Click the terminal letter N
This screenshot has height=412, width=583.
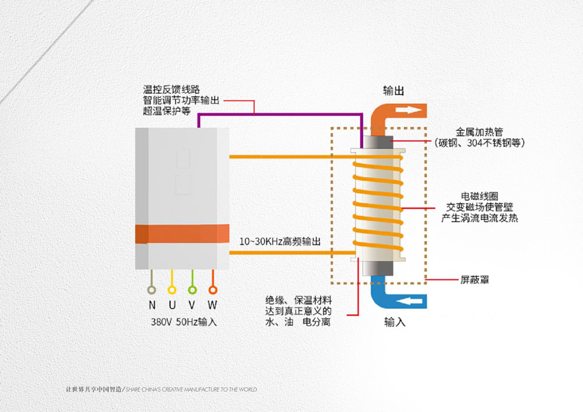(152, 305)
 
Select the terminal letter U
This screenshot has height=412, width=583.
(172, 305)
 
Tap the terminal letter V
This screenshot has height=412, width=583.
(192, 305)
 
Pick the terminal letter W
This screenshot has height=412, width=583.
(212, 305)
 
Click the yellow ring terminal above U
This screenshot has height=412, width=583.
(172, 290)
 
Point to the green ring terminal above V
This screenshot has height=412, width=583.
(192, 290)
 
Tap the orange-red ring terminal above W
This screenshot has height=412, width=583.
(213, 290)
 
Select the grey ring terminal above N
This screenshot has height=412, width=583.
(152, 290)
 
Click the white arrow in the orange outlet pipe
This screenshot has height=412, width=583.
(409, 110)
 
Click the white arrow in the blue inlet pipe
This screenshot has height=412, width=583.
(409, 301)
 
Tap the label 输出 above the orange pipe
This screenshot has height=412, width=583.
(394, 91)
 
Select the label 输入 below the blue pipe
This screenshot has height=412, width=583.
(395, 322)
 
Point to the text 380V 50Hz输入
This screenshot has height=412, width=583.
(184, 322)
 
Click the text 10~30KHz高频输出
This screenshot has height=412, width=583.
(280, 241)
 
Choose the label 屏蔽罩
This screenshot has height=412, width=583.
(475, 279)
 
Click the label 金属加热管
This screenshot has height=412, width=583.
(479, 132)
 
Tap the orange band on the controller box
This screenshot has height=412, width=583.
(182, 234)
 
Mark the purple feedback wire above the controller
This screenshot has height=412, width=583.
(280, 114)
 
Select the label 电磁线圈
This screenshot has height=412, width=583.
(479, 196)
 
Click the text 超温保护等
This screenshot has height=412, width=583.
(167, 111)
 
